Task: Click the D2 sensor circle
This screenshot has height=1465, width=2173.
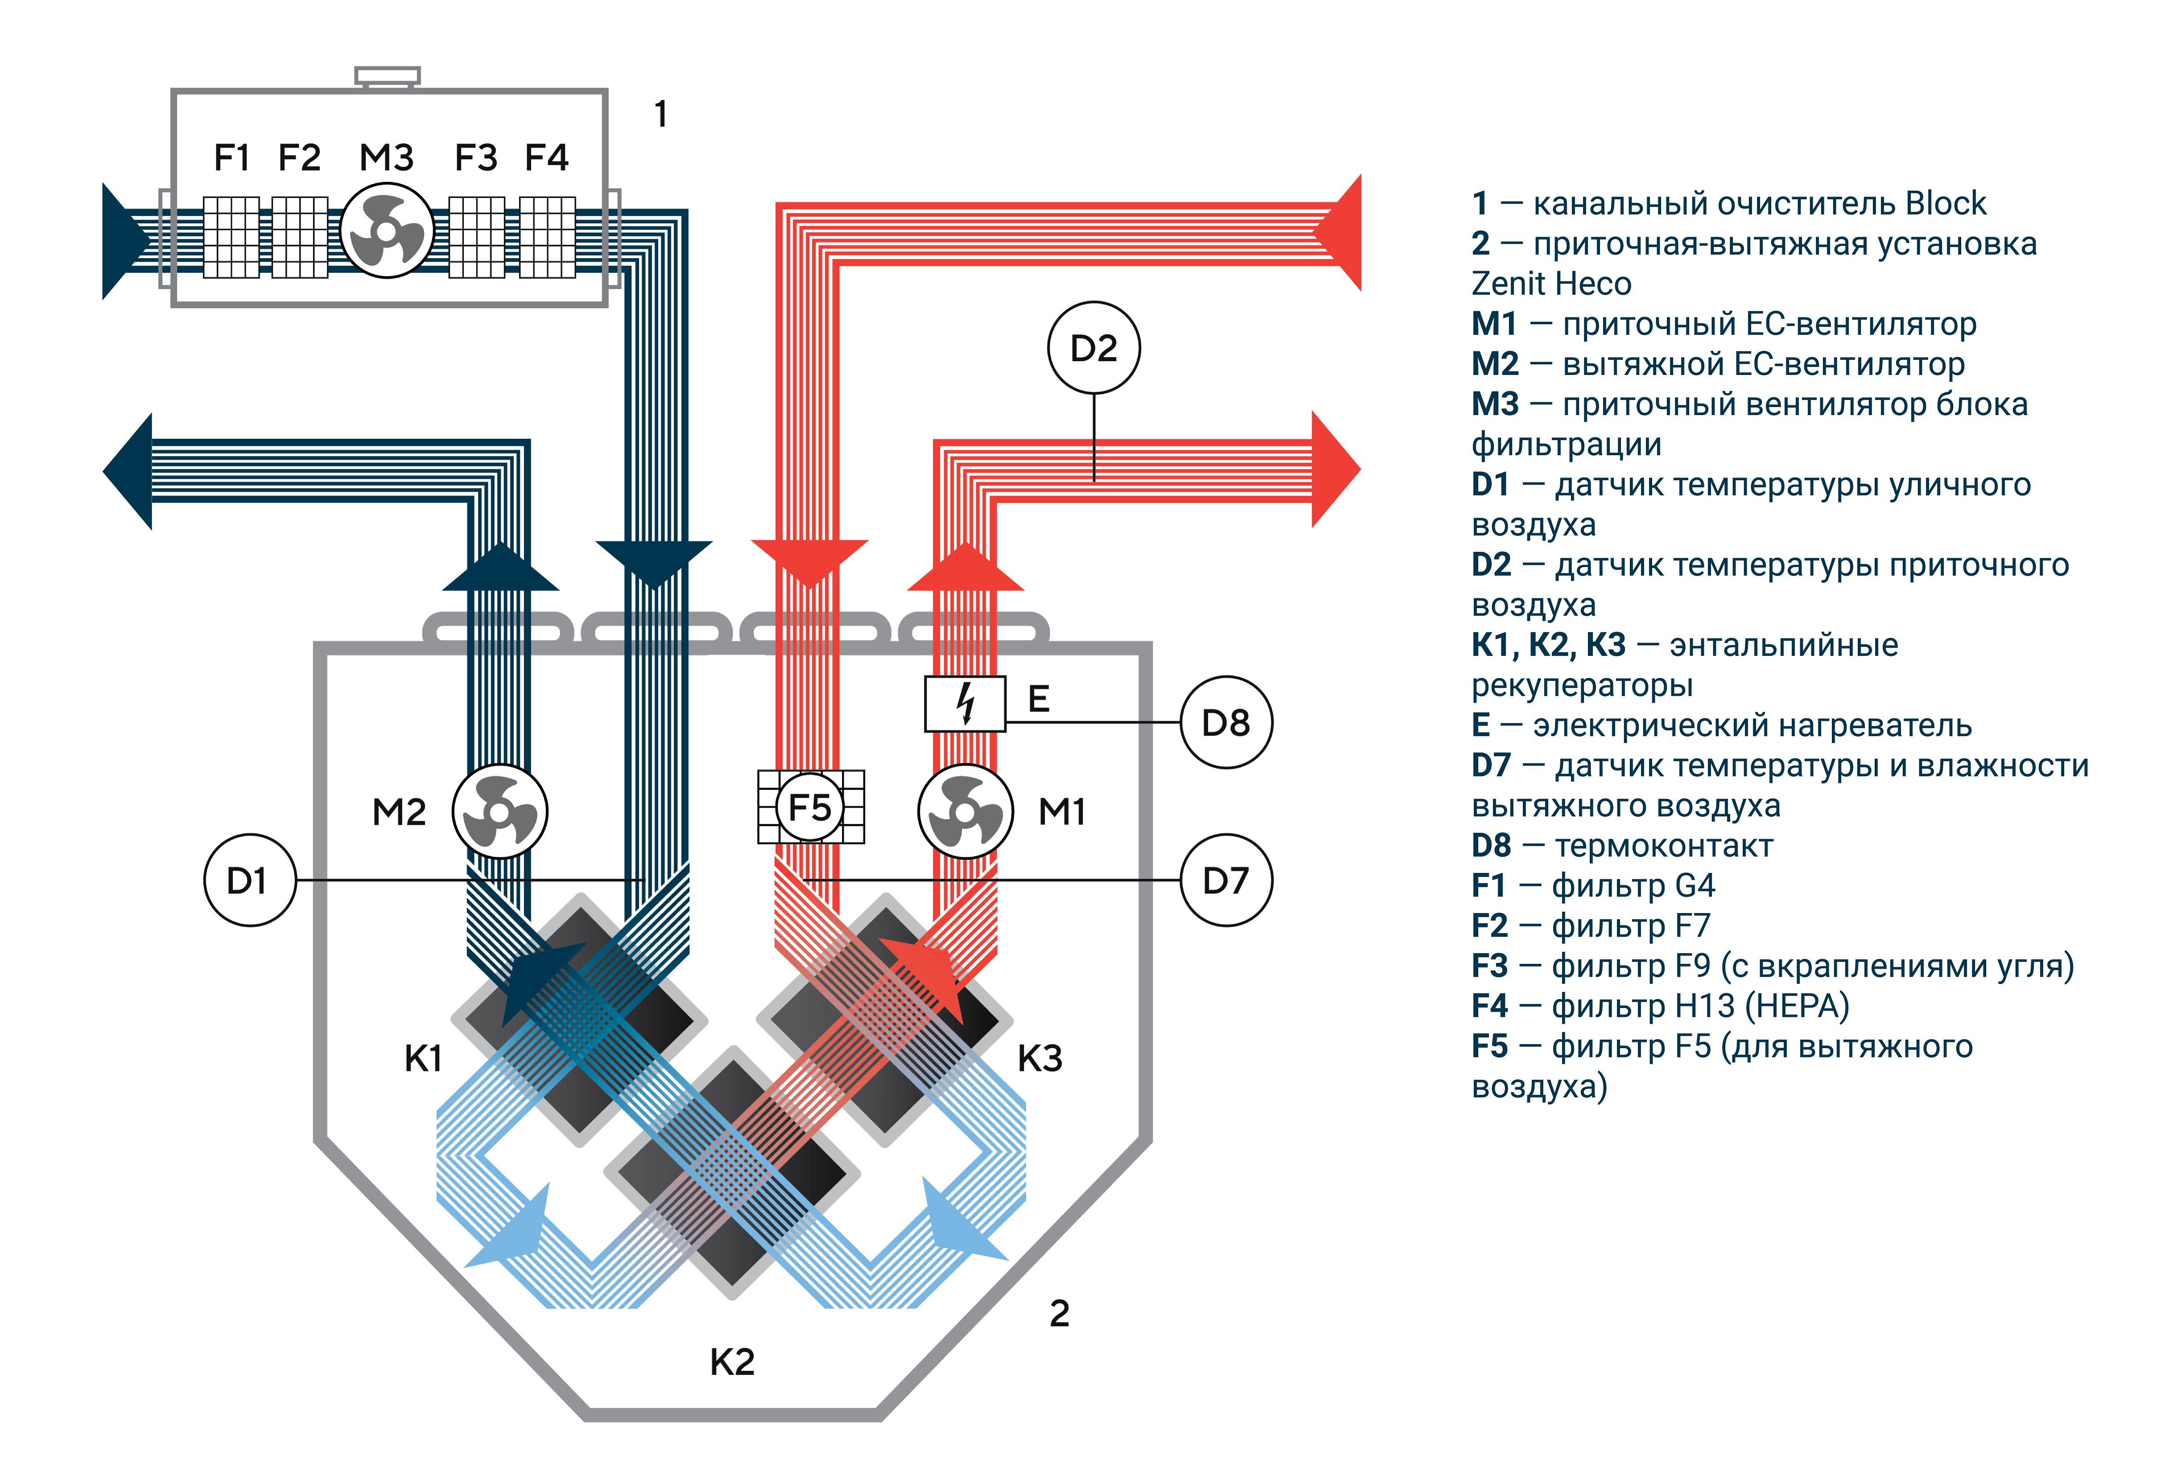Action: [x=1093, y=348]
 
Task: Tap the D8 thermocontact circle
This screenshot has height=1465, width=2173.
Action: [x=1226, y=722]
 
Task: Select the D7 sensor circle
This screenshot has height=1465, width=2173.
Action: [x=1226, y=880]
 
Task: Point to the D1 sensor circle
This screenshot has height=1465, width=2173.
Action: [x=249, y=880]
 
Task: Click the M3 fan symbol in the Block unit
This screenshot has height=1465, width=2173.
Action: [x=387, y=231]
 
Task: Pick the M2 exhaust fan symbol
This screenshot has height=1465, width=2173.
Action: [x=500, y=811]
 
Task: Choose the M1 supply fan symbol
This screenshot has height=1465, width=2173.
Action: [x=965, y=811]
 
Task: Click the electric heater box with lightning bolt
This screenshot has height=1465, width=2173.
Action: [x=965, y=703]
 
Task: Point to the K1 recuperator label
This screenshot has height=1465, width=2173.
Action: [x=423, y=1058]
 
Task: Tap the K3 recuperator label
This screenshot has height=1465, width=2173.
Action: [x=1040, y=1058]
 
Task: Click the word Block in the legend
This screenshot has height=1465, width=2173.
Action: [x=1945, y=203]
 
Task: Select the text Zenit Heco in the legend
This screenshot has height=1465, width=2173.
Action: [x=1551, y=283]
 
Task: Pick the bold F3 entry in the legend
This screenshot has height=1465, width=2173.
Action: [x=1489, y=965]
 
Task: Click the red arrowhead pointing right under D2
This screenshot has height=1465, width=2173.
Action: [x=1336, y=469]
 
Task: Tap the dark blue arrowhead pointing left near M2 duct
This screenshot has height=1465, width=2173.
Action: [x=128, y=471]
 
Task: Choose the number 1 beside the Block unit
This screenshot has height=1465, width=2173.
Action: [x=660, y=114]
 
